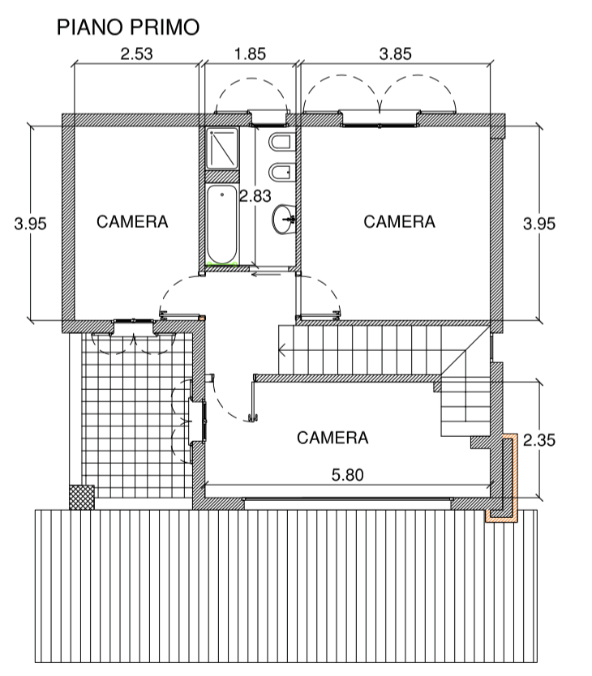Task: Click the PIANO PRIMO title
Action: pyautogui.click(x=128, y=28)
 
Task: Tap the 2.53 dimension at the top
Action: pyautogui.click(x=136, y=53)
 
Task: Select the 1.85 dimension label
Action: pyautogui.click(x=250, y=53)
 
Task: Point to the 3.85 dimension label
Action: pyautogui.click(x=395, y=53)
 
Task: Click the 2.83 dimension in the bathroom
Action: pyautogui.click(x=255, y=196)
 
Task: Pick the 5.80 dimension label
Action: pyautogui.click(x=347, y=475)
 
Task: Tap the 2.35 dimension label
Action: pyautogui.click(x=539, y=440)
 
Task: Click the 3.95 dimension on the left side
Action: pyautogui.click(x=30, y=224)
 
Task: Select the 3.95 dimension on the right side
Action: pyautogui.click(x=539, y=224)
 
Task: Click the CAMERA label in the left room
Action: pyautogui.click(x=132, y=221)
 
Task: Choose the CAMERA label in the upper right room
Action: pyautogui.click(x=399, y=221)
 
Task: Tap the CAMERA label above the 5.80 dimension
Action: pyautogui.click(x=332, y=438)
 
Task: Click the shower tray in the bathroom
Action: pyautogui.click(x=222, y=148)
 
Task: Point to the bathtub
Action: pyautogui.click(x=222, y=225)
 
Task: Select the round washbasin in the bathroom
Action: pyautogui.click(x=284, y=219)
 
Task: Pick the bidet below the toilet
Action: pyautogui.click(x=282, y=173)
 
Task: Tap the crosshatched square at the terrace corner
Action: pyautogui.click(x=82, y=497)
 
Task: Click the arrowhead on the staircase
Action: pyautogui.click(x=282, y=349)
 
